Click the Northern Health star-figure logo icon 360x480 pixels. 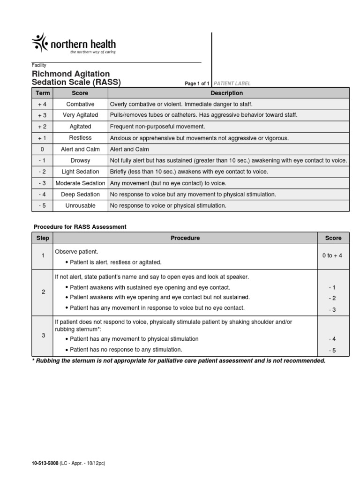[39, 43]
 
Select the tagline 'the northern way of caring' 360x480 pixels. [93, 52]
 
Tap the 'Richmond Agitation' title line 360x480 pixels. [71, 74]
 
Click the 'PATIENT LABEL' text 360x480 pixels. [232, 83]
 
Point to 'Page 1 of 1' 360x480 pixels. [197, 83]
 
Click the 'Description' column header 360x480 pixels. [227, 93]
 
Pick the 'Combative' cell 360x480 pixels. [80, 104]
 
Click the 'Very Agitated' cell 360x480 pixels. [80, 115]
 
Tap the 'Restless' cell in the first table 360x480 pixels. [80, 138]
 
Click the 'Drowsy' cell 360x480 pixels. [80, 160]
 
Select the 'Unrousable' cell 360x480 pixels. [80, 205]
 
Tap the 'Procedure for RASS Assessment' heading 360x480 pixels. [80, 227]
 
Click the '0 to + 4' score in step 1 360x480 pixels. [333, 255]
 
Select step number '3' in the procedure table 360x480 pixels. [43, 335]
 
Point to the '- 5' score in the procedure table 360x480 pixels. [333, 350]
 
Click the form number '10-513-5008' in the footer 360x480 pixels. [45, 463]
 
